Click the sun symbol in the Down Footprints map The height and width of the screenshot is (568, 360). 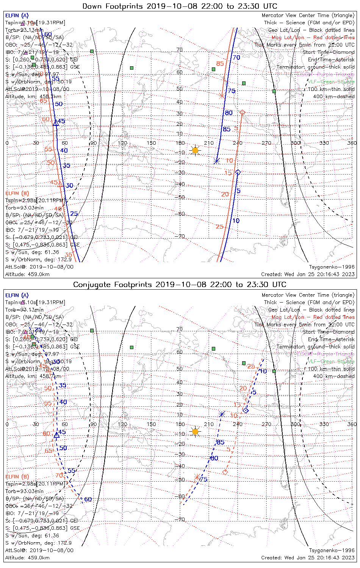point(195,150)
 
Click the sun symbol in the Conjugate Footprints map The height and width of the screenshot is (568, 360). point(195,431)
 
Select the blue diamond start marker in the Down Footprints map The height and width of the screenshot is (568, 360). point(238,172)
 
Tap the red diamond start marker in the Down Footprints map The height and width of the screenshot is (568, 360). point(243,112)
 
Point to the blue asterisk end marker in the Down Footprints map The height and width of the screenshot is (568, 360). point(217,161)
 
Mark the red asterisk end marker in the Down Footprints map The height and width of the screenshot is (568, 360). point(222,95)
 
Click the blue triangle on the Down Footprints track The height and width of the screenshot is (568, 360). point(56,123)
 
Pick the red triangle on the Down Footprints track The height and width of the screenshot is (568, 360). point(60,184)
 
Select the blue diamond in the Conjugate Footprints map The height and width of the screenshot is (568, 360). point(246,410)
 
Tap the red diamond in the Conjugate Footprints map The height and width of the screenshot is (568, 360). point(225,472)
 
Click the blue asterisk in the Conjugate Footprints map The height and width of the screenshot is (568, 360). point(222,414)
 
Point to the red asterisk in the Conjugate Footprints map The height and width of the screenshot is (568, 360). point(197,477)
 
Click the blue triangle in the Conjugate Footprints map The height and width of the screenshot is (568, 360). point(56,435)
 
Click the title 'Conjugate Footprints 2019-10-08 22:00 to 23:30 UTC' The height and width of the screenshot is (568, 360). point(180,284)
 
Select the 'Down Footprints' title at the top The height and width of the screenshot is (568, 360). point(180,6)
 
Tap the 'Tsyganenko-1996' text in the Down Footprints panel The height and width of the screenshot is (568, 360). point(332,267)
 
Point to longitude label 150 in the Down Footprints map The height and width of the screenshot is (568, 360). point(151,143)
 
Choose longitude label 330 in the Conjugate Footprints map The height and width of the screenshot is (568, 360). point(324,424)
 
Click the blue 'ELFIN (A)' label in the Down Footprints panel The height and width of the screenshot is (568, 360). point(17,16)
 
